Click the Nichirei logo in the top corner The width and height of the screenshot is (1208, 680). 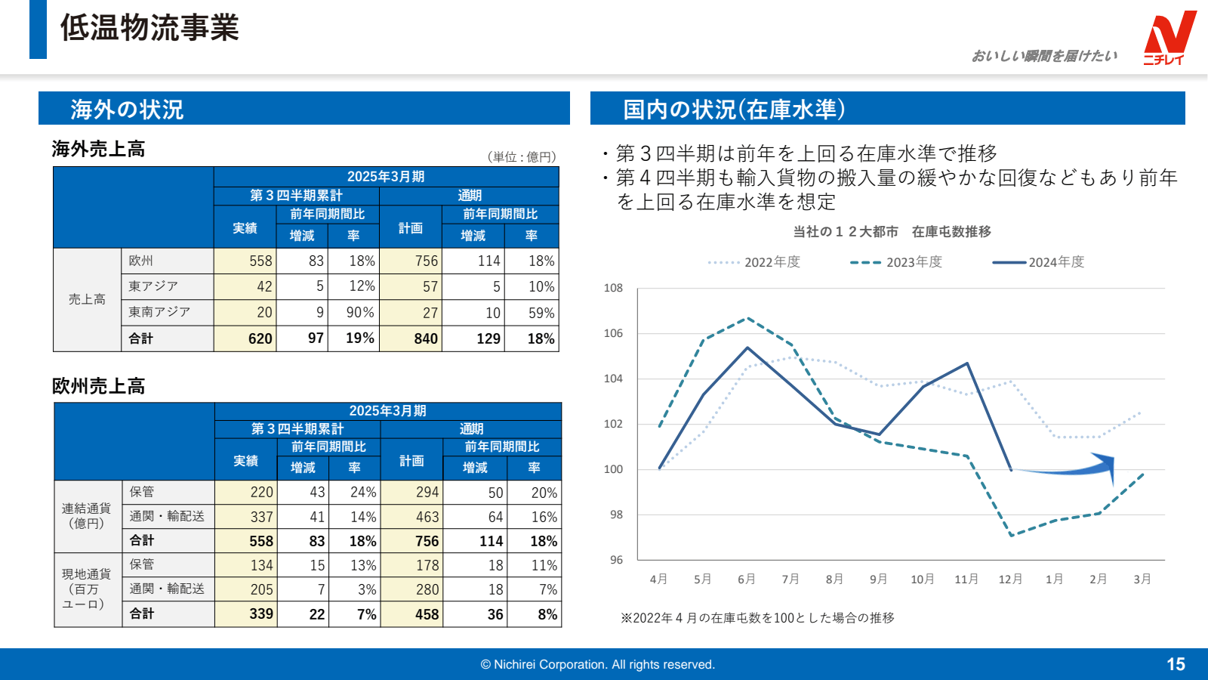pos(1169,38)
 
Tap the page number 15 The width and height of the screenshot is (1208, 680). pos(1176,664)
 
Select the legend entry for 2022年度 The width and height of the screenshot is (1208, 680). pos(755,262)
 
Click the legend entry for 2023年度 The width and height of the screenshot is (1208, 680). pos(897,262)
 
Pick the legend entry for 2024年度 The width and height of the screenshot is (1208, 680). pos(1039,262)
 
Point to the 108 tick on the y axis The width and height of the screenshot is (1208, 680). pos(613,288)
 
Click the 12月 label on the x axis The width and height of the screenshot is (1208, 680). pos(1010,579)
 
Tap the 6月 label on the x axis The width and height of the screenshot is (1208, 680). pos(747,579)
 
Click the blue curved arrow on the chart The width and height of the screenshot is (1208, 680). pos(1072,468)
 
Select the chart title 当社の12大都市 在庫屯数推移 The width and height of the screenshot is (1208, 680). pos(892,231)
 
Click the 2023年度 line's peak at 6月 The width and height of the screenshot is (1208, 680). pos(747,318)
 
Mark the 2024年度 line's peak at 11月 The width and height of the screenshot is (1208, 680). pos(967,363)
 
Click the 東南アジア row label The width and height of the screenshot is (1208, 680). pos(159,312)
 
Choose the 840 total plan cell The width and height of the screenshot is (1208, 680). pos(425,338)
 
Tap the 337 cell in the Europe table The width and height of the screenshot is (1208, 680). pos(261,517)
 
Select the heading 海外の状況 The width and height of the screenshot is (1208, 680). pos(127,110)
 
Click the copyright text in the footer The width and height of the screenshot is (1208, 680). pos(597,665)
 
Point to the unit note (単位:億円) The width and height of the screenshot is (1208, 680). pos(521,156)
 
